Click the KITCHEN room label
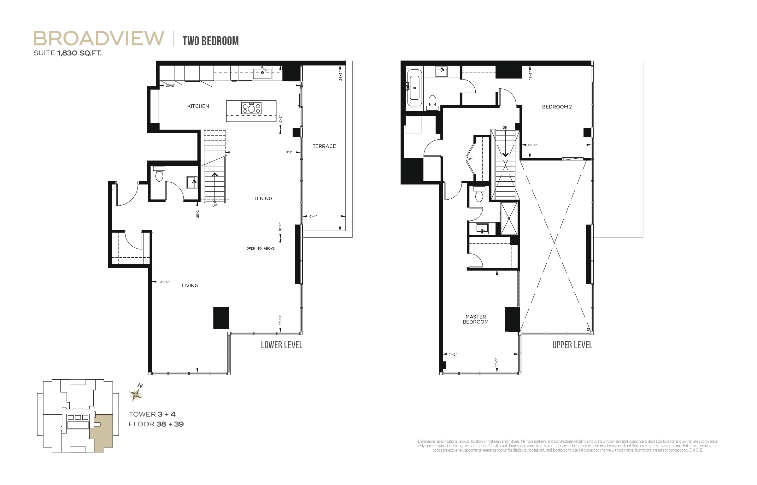click(198, 106)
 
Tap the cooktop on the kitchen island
click(251, 108)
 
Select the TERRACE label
click(324, 146)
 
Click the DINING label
click(263, 199)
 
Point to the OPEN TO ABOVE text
click(260, 248)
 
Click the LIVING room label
click(190, 286)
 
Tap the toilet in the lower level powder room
click(159, 175)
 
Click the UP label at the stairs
click(214, 205)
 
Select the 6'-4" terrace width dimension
click(313, 217)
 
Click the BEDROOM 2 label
click(557, 107)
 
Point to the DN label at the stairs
click(505, 128)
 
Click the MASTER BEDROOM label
click(475, 319)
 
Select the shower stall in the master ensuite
click(509, 218)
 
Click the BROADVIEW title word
click(99, 38)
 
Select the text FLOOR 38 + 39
click(156, 424)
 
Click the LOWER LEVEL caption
click(281, 345)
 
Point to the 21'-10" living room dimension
click(165, 282)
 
